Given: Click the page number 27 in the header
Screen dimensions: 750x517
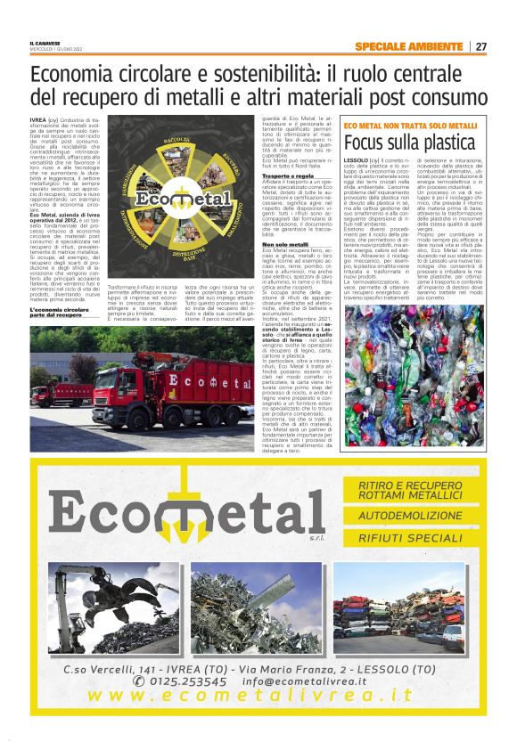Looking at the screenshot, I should click(x=481, y=46).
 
